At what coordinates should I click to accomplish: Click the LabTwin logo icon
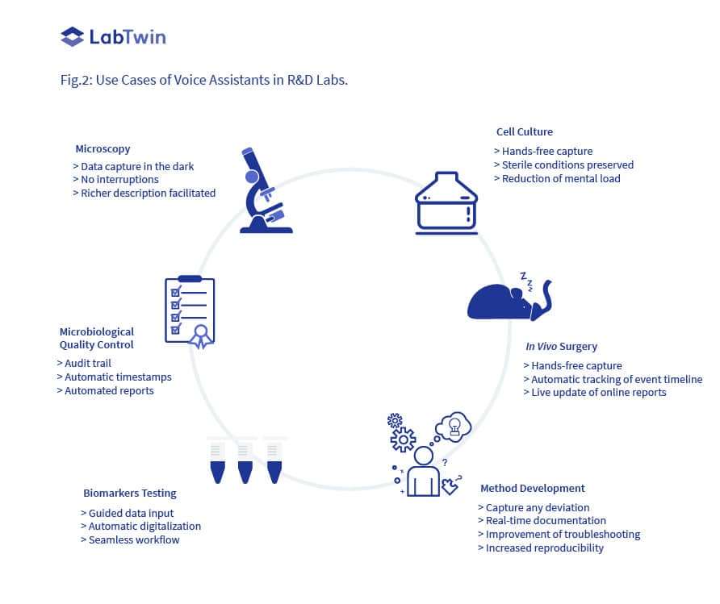72,36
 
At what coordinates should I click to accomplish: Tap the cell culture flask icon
446,202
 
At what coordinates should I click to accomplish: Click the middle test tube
245,460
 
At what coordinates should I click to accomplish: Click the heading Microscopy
103,149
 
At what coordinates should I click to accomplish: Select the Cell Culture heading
524,132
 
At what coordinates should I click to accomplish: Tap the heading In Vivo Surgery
561,347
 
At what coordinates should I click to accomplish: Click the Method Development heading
532,489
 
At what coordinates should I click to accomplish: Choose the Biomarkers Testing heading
129,493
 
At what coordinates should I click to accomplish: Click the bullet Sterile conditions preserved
563,165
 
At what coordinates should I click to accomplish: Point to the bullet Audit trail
84,364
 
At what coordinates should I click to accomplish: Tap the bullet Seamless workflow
130,539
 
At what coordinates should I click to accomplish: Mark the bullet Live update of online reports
594,393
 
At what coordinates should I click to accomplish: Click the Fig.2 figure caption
204,81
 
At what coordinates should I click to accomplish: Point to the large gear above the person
403,440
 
